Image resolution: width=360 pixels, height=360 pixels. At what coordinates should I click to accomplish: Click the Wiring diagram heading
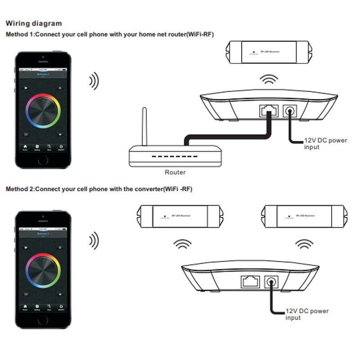tap(34, 23)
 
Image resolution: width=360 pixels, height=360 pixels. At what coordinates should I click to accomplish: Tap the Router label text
tap(175, 172)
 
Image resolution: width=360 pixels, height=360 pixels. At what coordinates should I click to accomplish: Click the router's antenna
tap(144, 126)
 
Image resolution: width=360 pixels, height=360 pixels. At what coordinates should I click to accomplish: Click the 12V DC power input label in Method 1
tap(320, 144)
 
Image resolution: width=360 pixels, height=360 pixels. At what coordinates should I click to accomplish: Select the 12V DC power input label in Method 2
tap(307, 314)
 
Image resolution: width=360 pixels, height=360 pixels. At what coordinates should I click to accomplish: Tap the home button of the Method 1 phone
tap(43, 161)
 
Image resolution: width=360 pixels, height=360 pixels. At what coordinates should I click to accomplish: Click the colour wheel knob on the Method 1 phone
tap(43, 111)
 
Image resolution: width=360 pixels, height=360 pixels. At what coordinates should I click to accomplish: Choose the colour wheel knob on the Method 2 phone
tap(43, 270)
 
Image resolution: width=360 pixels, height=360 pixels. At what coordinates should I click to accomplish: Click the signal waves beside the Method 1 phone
tap(93, 81)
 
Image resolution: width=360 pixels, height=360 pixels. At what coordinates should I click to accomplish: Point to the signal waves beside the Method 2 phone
tap(93, 241)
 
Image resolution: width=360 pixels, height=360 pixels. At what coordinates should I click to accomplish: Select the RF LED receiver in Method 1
tap(268, 52)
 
